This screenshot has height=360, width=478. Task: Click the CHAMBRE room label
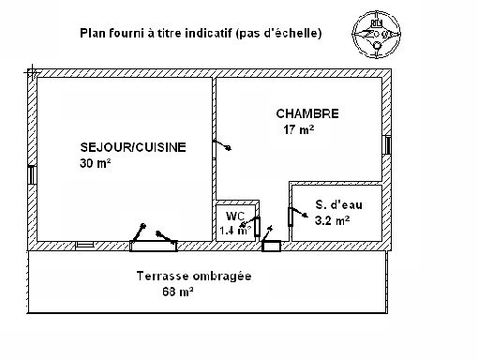point(307,113)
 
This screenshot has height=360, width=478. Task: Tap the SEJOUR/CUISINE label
point(133,147)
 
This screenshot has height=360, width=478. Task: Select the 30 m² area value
point(96,163)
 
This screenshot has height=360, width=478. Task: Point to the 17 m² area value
point(298,129)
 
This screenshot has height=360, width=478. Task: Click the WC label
point(235,216)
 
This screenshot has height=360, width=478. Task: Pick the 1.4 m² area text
point(235,231)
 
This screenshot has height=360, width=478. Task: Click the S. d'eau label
point(339,204)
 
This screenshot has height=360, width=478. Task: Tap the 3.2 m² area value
point(332,220)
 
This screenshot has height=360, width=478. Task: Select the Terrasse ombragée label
point(194,277)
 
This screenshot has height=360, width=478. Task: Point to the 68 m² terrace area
point(178,292)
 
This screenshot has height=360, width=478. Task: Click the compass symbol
point(377,35)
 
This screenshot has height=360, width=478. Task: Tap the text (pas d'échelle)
point(278,33)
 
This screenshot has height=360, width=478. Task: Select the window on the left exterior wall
point(32,174)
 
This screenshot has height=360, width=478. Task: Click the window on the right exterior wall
point(387,144)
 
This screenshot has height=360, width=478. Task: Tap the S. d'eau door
point(296,217)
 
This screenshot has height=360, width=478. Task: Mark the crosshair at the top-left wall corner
point(33,73)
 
